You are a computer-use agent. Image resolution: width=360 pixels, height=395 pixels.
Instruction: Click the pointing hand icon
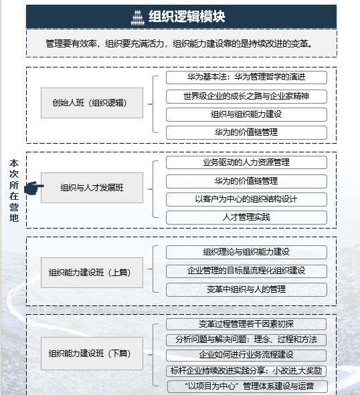coord(34,188)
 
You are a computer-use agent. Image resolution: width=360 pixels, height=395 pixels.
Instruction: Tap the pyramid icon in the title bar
coord(137,17)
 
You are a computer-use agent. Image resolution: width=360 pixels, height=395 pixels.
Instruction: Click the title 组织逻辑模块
coord(187,17)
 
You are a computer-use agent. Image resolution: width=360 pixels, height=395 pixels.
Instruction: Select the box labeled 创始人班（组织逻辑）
coord(92,103)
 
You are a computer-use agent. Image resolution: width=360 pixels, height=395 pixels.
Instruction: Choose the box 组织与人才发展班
coord(92,188)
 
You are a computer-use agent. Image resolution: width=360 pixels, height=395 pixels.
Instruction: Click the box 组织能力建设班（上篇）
coord(92,273)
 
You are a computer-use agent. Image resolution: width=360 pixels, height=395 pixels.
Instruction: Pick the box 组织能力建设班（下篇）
coord(92,354)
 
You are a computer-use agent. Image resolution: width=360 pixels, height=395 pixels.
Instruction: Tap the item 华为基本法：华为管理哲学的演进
coord(246,78)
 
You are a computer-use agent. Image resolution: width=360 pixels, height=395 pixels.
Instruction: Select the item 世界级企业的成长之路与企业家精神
coord(246,96)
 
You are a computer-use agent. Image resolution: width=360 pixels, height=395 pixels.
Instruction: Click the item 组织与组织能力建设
coord(246,114)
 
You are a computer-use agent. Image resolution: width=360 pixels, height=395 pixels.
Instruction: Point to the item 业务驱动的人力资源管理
coord(246,162)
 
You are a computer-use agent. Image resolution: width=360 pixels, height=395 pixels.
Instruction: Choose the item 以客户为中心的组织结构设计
coord(246,200)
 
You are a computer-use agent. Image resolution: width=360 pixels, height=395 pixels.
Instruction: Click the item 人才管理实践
coord(246,217)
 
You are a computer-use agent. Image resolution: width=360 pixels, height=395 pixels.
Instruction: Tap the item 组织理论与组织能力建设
coord(246,252)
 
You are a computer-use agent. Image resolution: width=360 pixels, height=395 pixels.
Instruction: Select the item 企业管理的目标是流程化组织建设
coord(246,271)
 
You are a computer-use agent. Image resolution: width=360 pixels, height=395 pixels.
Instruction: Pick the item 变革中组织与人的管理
coord(246,289)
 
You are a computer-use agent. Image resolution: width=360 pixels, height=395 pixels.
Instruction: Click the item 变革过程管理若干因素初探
coord(246,324)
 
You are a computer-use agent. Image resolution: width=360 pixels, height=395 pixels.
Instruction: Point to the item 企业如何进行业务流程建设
coord(246,355)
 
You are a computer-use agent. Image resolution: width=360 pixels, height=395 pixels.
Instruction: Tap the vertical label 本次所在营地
coord(14,190)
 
